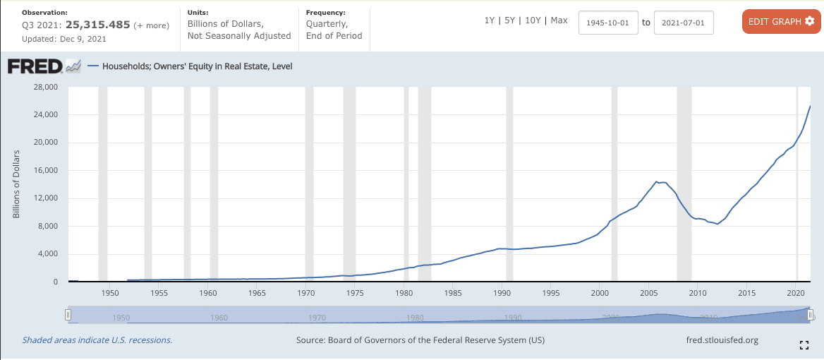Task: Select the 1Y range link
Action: pyautogui.click(x=489, y=20)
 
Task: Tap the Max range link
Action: pyautogui.click(x=559, y=20)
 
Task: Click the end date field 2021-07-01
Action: pyautogui.click(x=684, y=23)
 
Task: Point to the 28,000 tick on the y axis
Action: pyautogui.click(x=44, y=87)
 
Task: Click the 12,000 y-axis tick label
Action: pyautogui.click(x=44, y=198)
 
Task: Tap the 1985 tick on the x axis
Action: pyautogui.click(x=452, y=292)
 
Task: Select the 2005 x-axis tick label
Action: pyautogui.click(x=648, y=292)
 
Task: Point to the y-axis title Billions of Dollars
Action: pyautogui.click(x=16, y=184)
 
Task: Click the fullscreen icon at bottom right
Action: pyautogui.click(x=803, y=345)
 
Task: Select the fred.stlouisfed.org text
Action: pyautogui.click(x=722, y=340)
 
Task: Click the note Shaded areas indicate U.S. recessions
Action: pyautogui.click(x=97, y=340)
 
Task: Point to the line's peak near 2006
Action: pyautogui.click(x=658, y=181)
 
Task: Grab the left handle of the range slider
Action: pyautogui.click(x=68, y=315)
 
